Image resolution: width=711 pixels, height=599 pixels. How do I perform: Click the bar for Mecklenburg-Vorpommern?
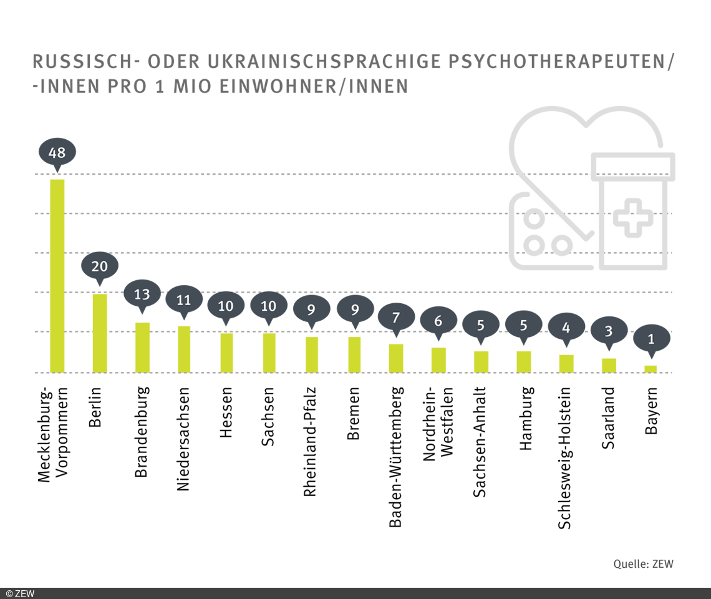pos(57,275)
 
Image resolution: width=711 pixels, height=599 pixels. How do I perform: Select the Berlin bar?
pos(100,333)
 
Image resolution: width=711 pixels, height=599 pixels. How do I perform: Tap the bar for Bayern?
pos(651,369)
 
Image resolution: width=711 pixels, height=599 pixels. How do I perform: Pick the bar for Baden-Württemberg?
pos(396,358)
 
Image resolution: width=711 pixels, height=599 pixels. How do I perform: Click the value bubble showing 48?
pos(57,152)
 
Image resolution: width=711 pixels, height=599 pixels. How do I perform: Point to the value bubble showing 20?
pos(100,266)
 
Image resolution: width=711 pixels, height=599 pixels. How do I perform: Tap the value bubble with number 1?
pos(651,339)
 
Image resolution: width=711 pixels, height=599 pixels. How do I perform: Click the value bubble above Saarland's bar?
pos(609,331)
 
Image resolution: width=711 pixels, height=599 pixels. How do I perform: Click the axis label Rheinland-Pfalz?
pos(311,442)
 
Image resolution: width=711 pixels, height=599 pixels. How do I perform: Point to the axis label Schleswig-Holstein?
pos(565,458)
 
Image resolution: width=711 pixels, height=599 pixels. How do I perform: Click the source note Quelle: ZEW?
pos(643,564)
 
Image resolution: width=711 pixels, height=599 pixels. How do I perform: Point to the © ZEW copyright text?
pos(20,593)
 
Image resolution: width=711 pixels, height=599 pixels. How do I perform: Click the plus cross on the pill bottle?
pos(633,218)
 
